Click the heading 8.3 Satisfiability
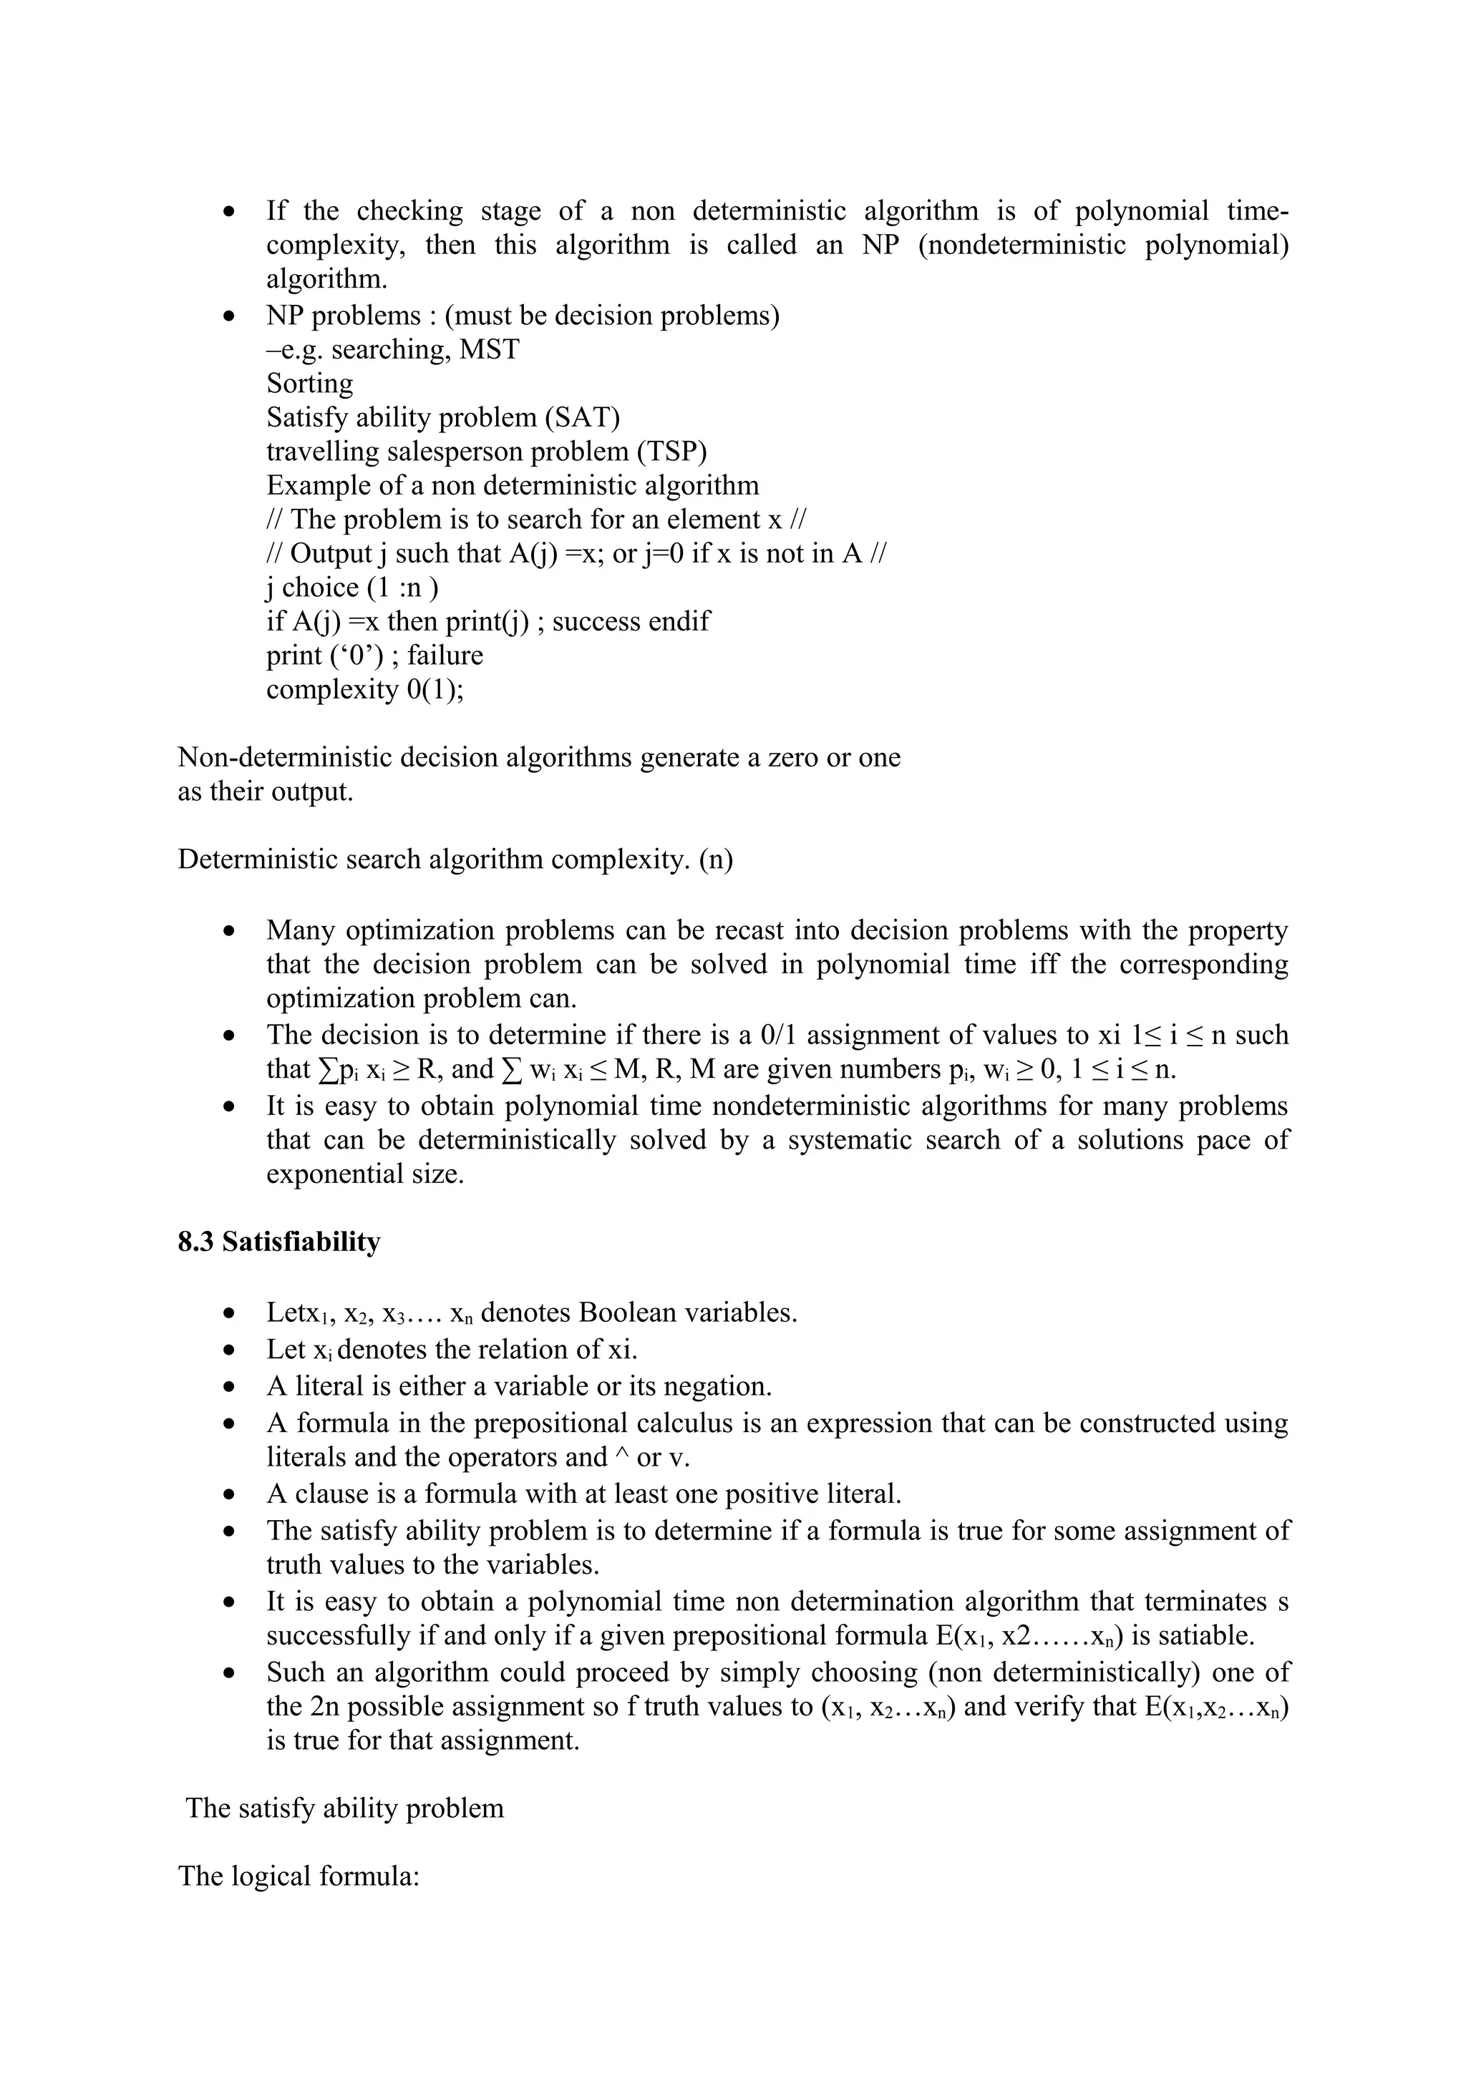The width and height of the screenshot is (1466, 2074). tap(278, 1242)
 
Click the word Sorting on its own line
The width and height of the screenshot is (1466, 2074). tap(309, 383)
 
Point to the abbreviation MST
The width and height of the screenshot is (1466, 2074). tap(490, 349)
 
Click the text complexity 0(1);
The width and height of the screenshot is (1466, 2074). tap(364, 690)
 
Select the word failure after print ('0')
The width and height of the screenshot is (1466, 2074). tap(445, 655)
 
